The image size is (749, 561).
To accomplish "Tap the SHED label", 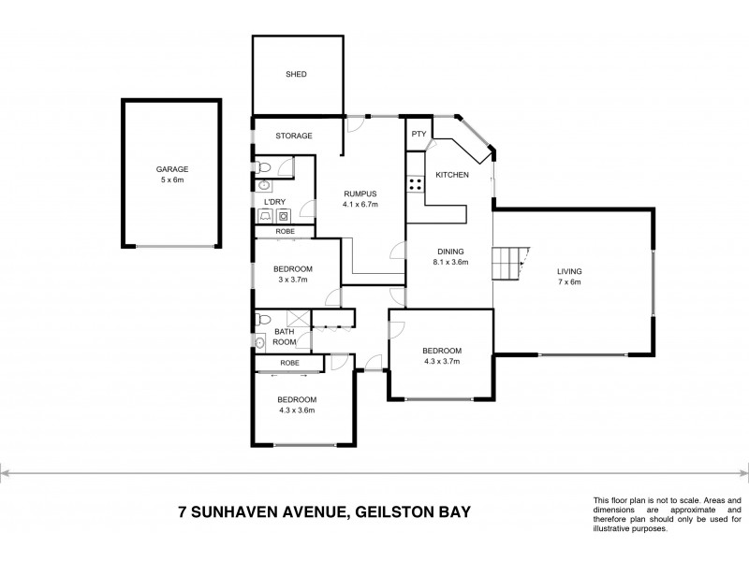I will [296, 74].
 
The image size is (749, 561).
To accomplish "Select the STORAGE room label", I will [293, 136].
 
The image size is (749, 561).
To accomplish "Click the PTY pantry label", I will [418, 135].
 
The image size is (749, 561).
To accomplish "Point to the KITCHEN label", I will [452, 174].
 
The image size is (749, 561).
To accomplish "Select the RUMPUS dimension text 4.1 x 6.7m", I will [359, 204].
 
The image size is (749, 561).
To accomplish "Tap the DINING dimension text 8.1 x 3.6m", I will [450, 262].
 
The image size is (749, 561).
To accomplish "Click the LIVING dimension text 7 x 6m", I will [566, 280].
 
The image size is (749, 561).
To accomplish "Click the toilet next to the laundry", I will [266, 167].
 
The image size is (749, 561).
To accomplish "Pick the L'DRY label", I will [273, 201].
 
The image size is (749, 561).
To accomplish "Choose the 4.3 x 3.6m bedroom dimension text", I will [295, 410].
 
